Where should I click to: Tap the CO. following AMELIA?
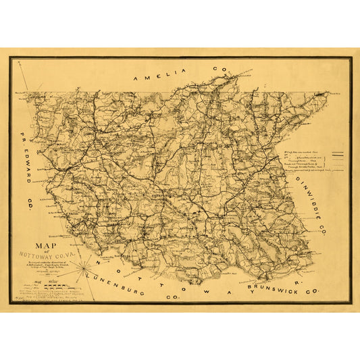click(x=220, y=69)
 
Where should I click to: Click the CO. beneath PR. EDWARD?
click(x=31, y=202)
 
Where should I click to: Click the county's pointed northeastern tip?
click(x=329, y=94)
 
